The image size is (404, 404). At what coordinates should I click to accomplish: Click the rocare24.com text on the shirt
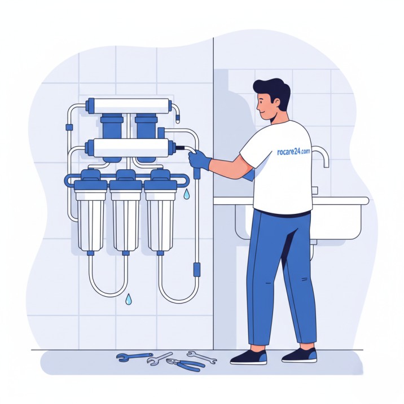[x=293, y=152]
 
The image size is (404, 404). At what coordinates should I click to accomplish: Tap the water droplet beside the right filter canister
[x=186, y=194]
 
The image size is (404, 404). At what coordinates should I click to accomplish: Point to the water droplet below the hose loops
[x=128, y=299]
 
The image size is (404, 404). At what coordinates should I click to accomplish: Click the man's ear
[x=274, y=102]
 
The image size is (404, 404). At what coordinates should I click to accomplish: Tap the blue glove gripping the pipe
[x=200, y=159]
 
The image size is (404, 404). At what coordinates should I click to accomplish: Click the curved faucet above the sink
[x=321, y=156]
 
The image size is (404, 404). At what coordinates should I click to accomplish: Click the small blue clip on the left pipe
[x=69, y=128]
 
